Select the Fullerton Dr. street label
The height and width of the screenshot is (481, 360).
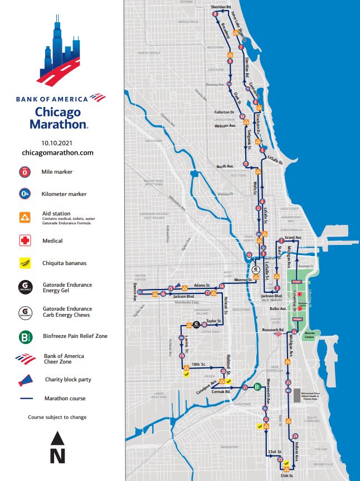[226, 112]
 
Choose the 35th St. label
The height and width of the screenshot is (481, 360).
[287, 476]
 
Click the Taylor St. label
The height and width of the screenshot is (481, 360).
[215, 321]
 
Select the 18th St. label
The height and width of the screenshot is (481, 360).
[198, 364]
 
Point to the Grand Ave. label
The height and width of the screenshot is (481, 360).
[293, 238]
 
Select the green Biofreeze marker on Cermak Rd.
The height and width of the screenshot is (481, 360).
[257, 387]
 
